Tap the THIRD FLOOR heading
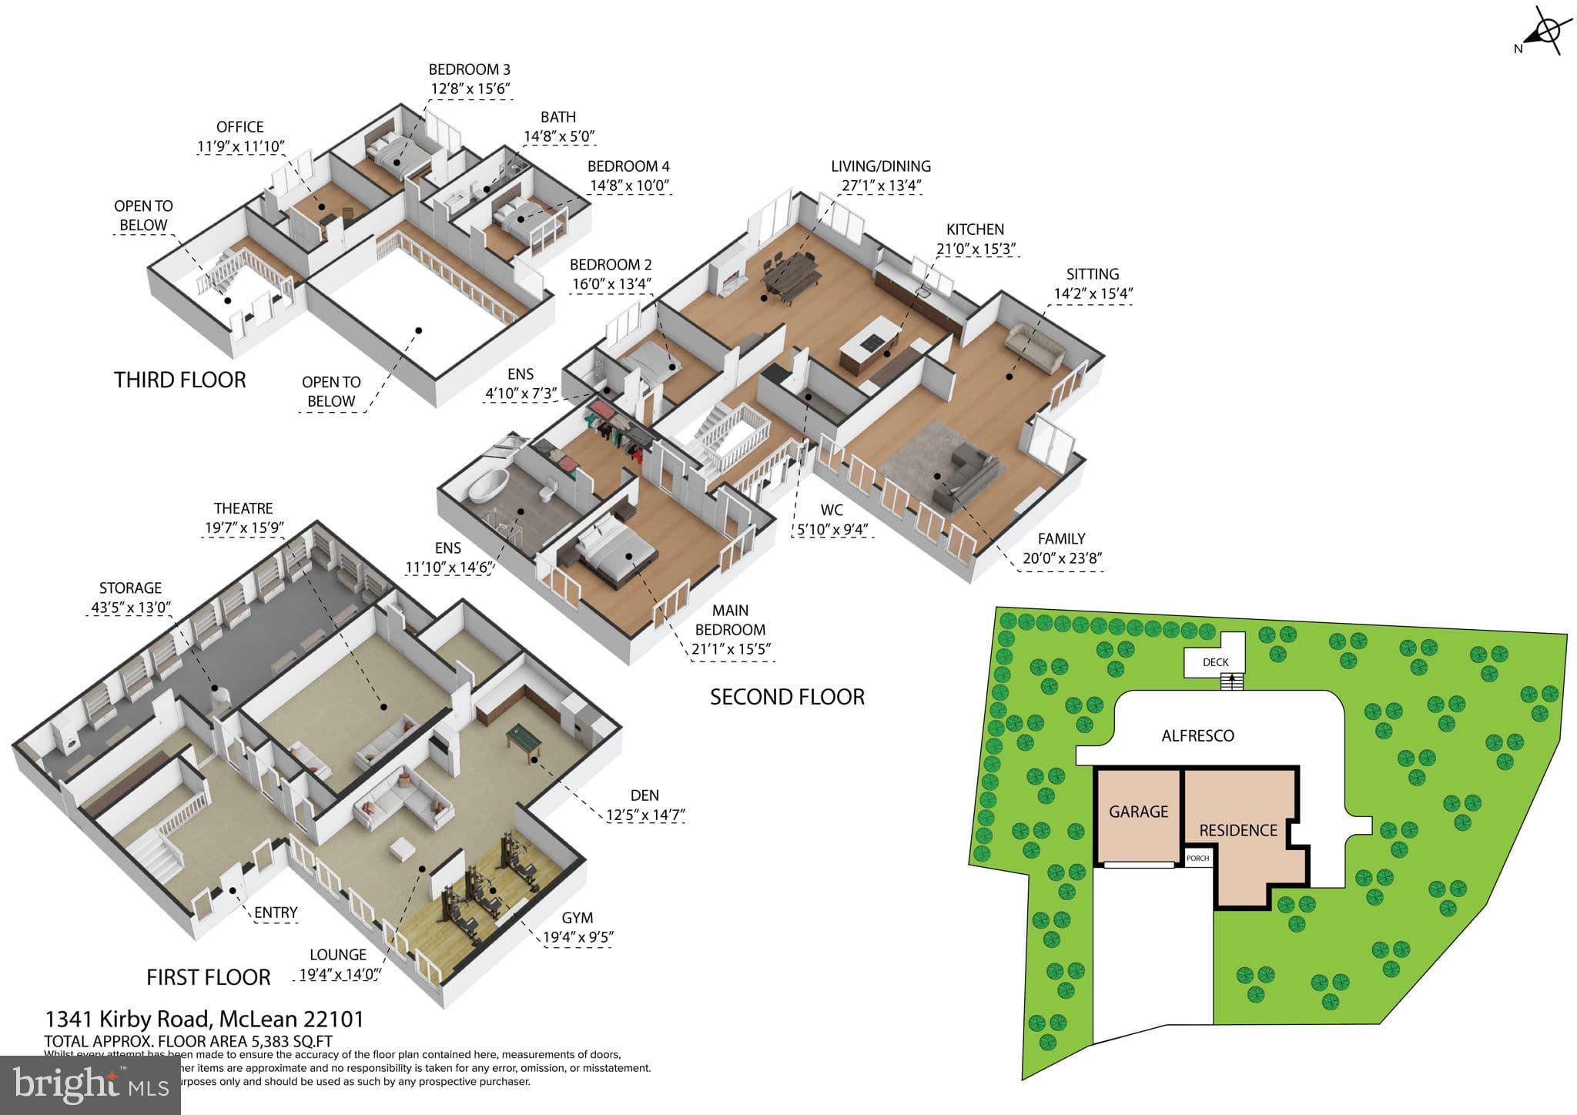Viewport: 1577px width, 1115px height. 180,380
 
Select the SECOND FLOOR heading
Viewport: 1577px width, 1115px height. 787,697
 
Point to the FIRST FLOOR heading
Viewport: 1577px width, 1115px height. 208,977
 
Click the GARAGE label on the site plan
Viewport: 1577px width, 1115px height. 1138,812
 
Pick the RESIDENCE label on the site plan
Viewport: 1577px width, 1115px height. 1238,830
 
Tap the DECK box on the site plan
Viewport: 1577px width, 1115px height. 1215,661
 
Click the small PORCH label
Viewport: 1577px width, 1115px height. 1198,859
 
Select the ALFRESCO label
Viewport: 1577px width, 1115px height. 1197,735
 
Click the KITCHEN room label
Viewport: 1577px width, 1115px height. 975,229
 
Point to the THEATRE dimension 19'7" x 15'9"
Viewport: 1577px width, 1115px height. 243,528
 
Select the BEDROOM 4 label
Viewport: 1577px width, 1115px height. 628,166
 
